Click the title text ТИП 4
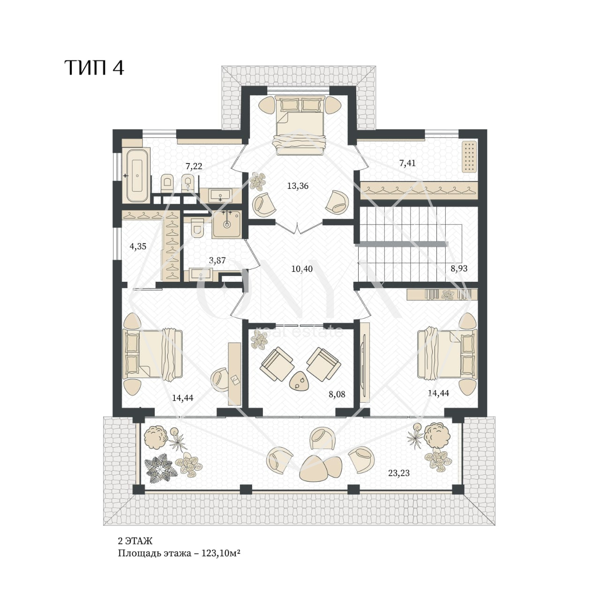(x=94, y=67)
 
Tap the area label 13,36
(x=298, y=186)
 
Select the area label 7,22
(x=194, y=166)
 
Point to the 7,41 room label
(x=407, y=163)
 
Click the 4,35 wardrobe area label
(x=138, y=247)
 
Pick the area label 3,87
(x=217, y=260)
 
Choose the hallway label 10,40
(x=302, y=269)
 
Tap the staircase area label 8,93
(x=459, y=269)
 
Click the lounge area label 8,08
(x=337, y=395)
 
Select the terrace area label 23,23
(x=399, y=473)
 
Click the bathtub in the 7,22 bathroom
(x=136, y=175)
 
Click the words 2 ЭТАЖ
(x=135, y=541)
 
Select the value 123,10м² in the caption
(x=221, y=554)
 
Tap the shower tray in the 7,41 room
(x=469, y=157)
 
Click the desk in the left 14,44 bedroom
(x=234, y=374)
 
